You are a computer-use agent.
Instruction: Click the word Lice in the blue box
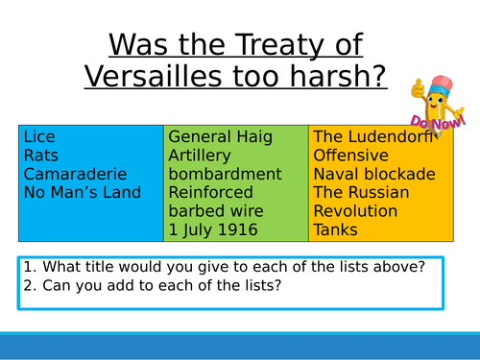click(39, 138)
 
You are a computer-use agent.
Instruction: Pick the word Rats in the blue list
click(40, 156)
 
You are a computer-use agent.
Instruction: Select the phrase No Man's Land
click(82, 193)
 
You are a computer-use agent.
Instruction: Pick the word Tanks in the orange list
click(335, 229)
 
